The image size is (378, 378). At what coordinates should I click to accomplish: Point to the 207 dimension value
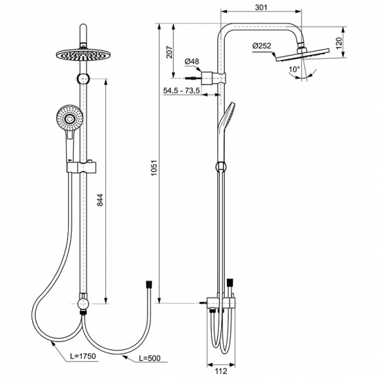169,52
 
